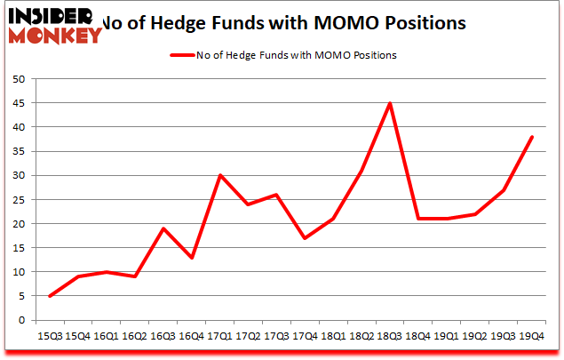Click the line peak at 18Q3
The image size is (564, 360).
click(x=389, y=103)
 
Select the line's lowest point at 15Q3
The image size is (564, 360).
click(x=50, y=296)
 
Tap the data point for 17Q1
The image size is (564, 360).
click(x=219, y=175)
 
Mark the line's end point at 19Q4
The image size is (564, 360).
click(x=531, y=137)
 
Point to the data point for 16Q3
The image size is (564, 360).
click(x=163, y=228)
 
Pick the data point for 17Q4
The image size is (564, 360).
click(x=305, y=238)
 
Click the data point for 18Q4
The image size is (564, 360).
click(x=417, y=219)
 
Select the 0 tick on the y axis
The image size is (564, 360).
click(x=20, y=320)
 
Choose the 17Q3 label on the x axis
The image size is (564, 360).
click(x=276, y=336)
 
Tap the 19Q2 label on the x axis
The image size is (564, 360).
click(x=474, y=336)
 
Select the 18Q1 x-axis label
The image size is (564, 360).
click(x=333, y=336)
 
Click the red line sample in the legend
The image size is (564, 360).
click(x=181, y=55)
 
